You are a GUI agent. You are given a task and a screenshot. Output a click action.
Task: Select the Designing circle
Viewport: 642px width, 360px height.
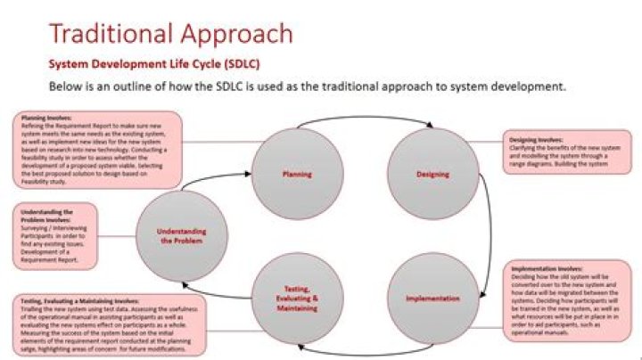tap(432, 175)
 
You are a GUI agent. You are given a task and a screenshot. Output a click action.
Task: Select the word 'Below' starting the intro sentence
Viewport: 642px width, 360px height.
tap(70, 88)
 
